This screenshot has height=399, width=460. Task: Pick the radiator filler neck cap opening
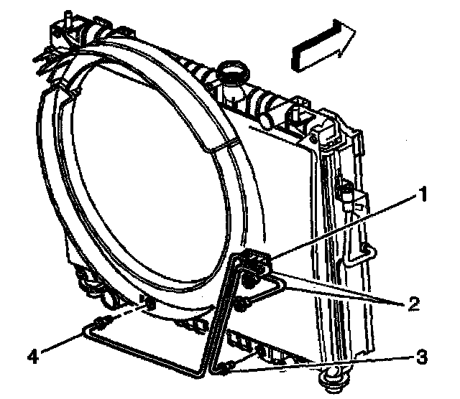(234, 71)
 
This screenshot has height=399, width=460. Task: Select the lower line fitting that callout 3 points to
(225, 369)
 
